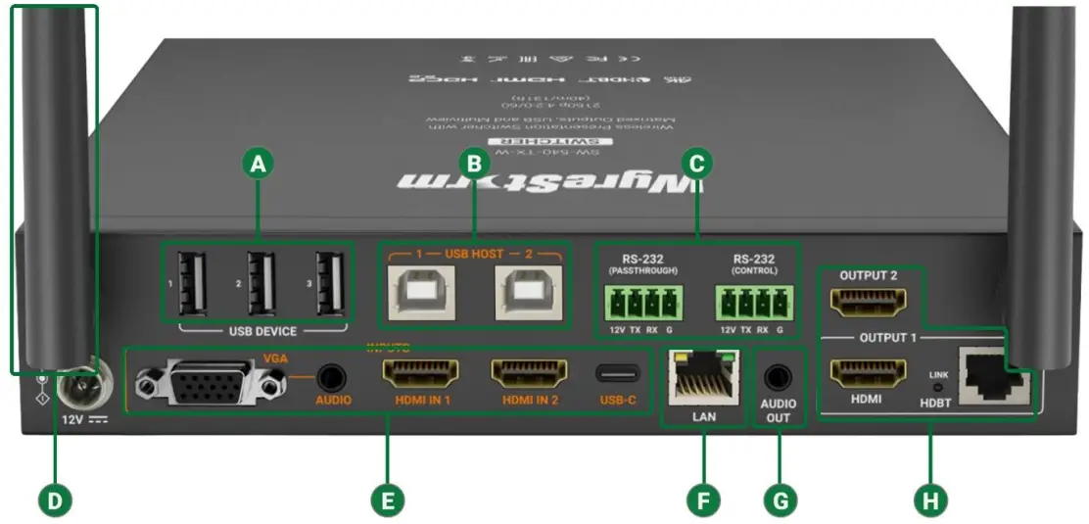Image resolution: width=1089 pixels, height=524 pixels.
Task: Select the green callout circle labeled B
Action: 474,163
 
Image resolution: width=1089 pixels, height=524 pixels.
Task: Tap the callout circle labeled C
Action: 695,163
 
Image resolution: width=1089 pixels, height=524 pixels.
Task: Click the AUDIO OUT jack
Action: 779,376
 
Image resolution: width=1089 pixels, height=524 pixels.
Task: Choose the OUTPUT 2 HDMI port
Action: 867,304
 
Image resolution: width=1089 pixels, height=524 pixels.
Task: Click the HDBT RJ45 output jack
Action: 991,376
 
